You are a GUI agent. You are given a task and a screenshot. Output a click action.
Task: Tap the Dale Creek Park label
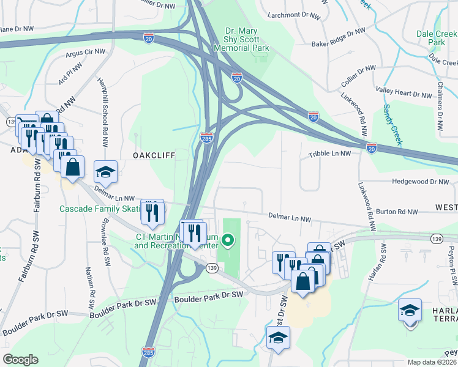pos(437,38)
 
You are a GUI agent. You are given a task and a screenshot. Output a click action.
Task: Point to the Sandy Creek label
pos(392,125)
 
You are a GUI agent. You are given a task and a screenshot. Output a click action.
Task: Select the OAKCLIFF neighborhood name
pos(154,156)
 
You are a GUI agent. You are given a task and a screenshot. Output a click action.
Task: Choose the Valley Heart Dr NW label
pos(404,94)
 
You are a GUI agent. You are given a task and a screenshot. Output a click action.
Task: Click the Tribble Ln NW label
pos(329,154)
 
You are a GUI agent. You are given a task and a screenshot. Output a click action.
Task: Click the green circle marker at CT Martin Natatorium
pos(228,240)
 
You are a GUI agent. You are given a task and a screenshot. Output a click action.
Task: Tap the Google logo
pos(20,360)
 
